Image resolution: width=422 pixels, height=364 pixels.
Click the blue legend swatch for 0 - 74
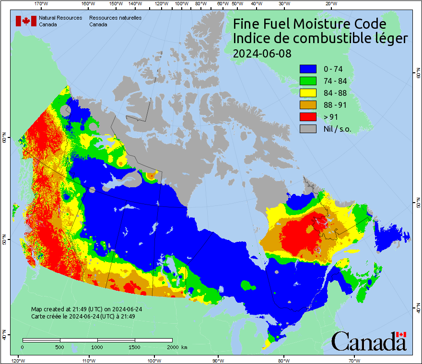[x=308, y=69]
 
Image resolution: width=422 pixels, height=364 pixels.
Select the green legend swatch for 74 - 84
[x=308, y=81]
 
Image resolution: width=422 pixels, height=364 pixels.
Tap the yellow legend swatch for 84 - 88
[x=308, y=93]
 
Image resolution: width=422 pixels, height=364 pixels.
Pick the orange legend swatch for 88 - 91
[x=308, y=105]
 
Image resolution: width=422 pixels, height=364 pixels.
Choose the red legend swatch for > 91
[x=308, y=117]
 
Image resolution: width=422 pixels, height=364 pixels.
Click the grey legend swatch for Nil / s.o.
[x=308, y=129]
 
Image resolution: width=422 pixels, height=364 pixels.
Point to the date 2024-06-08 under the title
[x=262, y=54]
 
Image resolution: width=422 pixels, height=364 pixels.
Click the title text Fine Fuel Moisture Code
[x=309, y=24]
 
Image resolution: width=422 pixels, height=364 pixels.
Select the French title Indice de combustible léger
[x=320, y=39]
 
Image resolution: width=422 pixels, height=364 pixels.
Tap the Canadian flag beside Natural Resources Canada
[x=26, y=21]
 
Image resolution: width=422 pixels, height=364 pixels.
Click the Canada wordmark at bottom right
[x=369, y=341]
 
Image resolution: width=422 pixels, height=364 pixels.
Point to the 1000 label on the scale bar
[x=97, y=347]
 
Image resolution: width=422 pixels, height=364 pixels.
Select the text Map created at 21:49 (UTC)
[x=86, y=309]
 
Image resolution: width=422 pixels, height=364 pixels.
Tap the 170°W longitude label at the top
[x=42, y=4]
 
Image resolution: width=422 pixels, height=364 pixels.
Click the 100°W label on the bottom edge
[x=154, y=360]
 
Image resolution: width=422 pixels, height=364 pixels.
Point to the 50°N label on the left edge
[x=4, y=239]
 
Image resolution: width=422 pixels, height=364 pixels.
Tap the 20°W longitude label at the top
[x=330, y=4]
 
